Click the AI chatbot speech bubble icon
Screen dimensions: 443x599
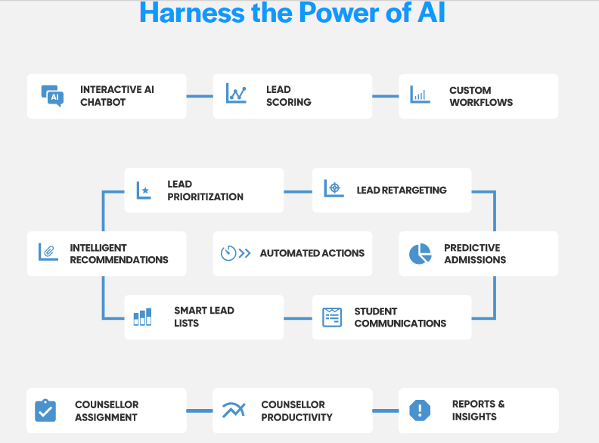click(x=52, y=95)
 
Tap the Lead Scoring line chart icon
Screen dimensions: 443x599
click(x=237, y=93)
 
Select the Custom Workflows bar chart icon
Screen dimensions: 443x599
click(x=420, y=94)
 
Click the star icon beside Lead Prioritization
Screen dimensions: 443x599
click(x=143, y=190)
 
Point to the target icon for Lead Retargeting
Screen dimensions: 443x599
click(x=334, y=188)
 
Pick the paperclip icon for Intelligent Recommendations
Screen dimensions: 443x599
click(x=48, y=252)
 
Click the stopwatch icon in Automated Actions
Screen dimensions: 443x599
click(x=229, y=253)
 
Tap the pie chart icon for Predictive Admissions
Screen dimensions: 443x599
click(x=420, y=254)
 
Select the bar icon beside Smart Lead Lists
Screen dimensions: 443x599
click(x=142, y=316)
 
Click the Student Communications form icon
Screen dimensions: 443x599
click(x=331, y=317)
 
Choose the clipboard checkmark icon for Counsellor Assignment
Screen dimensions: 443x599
click(x=45, y=410)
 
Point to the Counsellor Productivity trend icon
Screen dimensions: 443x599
click(x=234, y=410)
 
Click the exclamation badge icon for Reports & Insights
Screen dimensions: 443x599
click(x=419, y=410)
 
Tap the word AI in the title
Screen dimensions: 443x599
click(x=427, y=13)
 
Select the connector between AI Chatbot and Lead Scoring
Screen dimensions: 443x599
click(x=200, y=96)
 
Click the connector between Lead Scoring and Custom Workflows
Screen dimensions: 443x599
click(x=385, y=96)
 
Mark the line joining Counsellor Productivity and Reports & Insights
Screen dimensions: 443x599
click(x=385, y=411)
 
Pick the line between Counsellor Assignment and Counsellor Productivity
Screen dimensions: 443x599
click(x=200, y=411)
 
